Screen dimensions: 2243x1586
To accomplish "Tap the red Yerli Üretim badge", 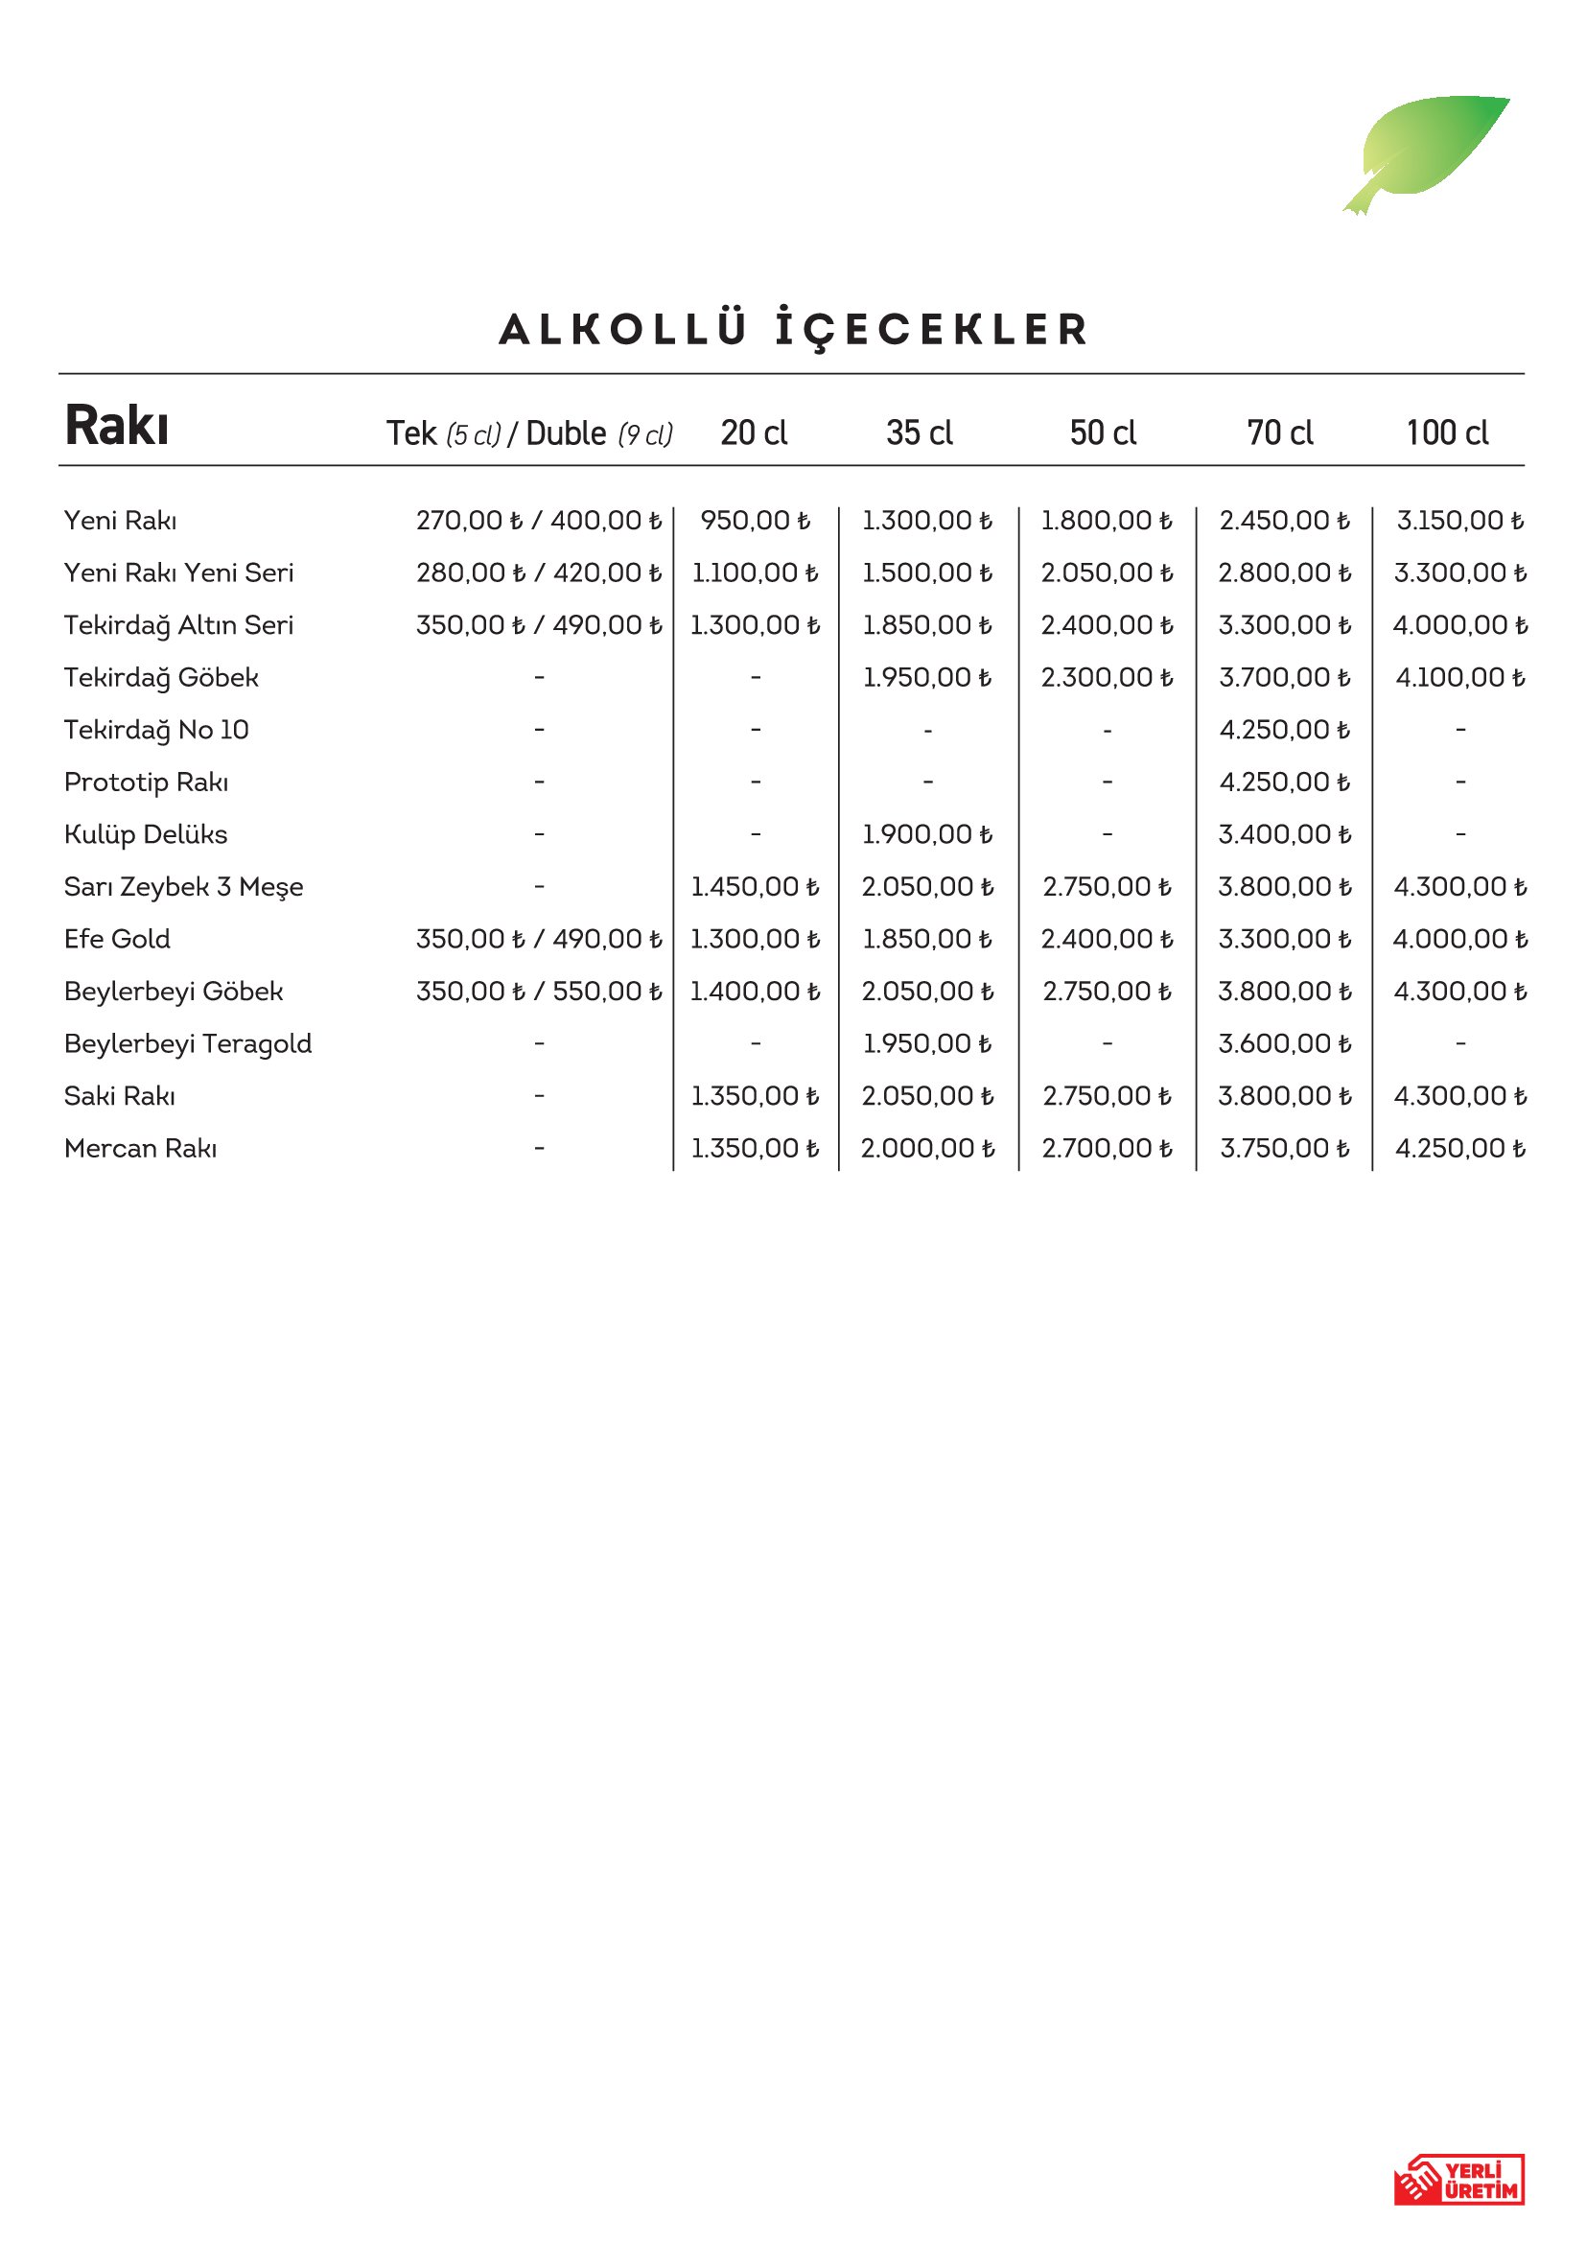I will [1458, 2180].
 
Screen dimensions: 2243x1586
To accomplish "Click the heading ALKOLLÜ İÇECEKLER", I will [793, 329].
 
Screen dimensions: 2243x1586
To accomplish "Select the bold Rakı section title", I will [117, 426].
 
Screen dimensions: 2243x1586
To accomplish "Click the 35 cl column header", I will [919, 432].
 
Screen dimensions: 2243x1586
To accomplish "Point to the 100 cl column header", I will [1446, 432].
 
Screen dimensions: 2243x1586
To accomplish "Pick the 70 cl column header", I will [1279, 432].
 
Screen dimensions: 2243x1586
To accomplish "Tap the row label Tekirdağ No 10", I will [156, 730].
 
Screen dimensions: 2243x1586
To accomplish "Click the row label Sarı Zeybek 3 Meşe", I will [183, 887].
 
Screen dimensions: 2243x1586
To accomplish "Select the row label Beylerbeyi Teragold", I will [188, 1043].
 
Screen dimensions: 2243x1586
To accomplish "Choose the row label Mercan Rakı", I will [141, 1148].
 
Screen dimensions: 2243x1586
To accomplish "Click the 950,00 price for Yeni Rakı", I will [755, 521].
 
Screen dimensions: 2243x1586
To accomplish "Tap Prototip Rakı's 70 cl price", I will [1284, 783].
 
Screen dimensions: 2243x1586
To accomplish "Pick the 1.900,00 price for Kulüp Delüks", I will [927, 834].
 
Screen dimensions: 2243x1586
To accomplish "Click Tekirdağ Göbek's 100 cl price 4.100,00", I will [1460, 678].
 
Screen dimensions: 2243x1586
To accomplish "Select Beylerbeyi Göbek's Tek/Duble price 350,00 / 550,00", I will [539, 992].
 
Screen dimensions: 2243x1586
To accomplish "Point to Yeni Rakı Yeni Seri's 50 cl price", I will [1107, 573].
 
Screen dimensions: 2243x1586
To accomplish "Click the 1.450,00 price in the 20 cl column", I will [755, 887].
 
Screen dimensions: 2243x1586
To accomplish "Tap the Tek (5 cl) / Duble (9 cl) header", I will [529, 433].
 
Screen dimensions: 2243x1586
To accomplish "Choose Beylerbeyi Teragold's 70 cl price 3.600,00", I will [1284, 1043].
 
